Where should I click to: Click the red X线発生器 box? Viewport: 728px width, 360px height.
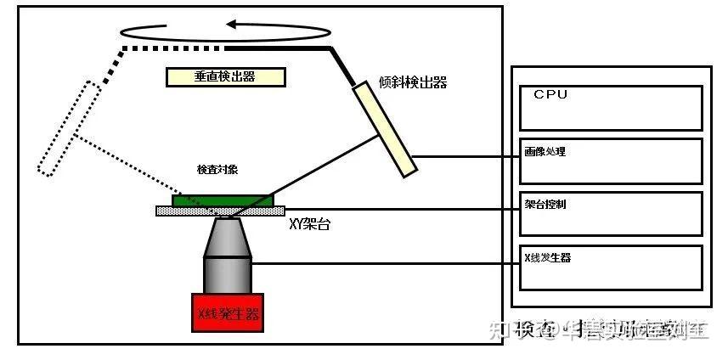click(x=228, y=314)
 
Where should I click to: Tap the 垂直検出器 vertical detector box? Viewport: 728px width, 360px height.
click(x=224, y=77)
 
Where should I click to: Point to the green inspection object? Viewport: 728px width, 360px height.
click(x=223, y=200)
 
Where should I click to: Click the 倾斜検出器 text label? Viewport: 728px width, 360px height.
click(x=413, y=82)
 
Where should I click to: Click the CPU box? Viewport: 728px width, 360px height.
click(x=611, y=107)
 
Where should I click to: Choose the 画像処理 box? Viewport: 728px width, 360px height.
click(x=611, y=160)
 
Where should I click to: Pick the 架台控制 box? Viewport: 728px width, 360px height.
click(x=611, y=214)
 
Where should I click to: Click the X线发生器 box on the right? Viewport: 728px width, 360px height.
click(x=611, y=267)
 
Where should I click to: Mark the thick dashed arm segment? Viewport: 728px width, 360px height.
click(x=170, y=48)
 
